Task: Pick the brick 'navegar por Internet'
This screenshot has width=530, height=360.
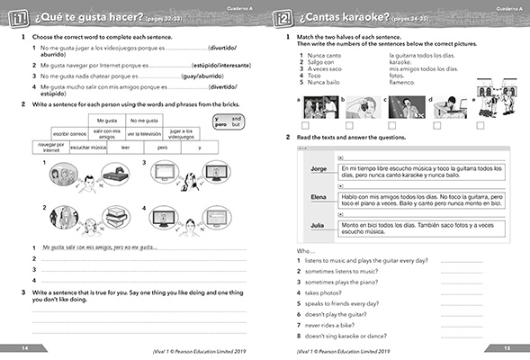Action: click(49, 147)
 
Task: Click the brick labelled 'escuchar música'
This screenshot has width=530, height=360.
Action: click(92, 147)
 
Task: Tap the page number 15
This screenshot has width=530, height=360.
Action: click(506, 348)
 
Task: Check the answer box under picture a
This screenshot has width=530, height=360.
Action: click(307, 124)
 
